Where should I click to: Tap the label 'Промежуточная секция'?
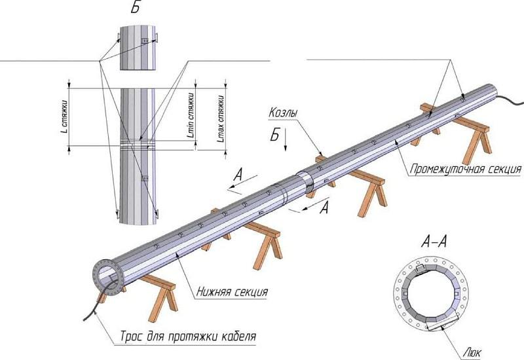coord(465,170)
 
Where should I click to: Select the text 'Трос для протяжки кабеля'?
coord(187,338)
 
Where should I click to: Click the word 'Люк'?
coord(472,351)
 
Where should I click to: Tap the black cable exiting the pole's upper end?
coord(511,100)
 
